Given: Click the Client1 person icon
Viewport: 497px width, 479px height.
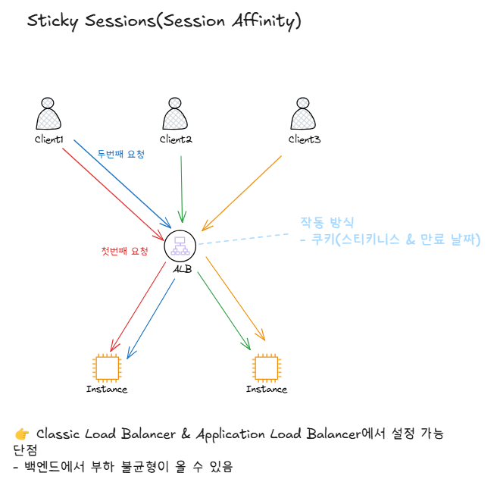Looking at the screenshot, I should coord(48,114).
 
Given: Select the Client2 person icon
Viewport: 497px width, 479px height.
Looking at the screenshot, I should coord(175,114).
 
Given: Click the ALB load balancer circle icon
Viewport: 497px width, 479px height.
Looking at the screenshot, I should coord(180,245).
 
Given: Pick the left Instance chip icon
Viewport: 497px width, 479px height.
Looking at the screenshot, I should coord(106,368).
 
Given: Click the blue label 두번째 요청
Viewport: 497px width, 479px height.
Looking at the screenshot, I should coord(120,154).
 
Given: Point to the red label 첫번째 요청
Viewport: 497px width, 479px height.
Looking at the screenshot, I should coord(124,251).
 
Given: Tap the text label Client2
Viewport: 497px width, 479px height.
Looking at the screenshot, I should coord(176,139).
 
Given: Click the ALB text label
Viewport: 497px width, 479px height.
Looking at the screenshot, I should coord(182,269).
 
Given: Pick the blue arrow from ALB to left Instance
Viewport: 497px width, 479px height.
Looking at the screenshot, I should coord(152,318).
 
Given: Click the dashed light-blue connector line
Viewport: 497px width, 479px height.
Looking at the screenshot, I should coord(242,238).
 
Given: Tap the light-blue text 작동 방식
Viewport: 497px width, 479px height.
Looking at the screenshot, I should coord(327,222).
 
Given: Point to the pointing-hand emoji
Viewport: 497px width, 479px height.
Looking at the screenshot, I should coord(22,434).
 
